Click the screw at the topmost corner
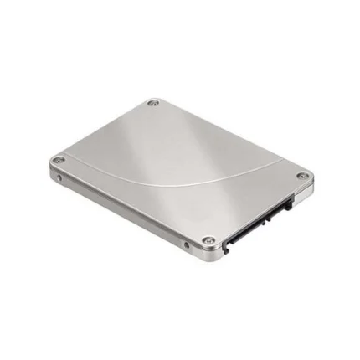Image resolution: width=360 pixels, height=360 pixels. [152, 104]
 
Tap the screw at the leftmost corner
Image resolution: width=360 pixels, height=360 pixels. [57, 159]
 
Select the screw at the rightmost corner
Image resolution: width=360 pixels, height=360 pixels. [303, 177]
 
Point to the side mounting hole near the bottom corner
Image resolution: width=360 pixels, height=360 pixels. [185, 245]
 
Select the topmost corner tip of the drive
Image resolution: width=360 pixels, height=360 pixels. [153, 97]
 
